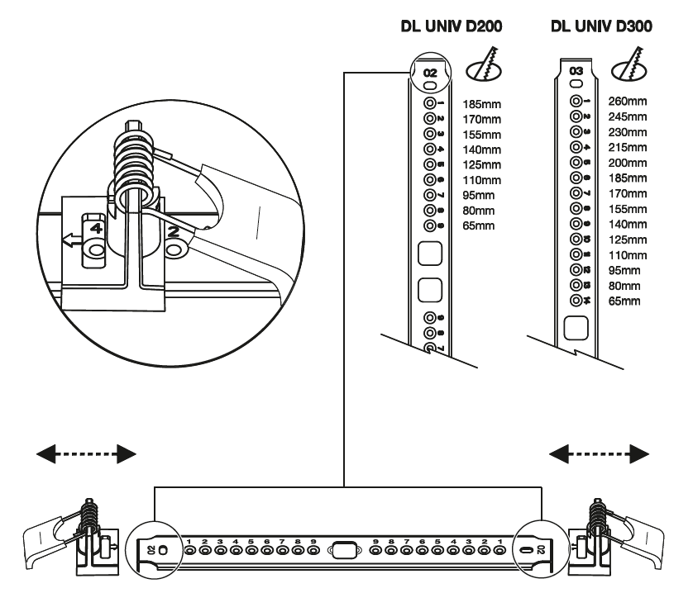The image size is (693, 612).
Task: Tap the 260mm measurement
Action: [x=627, y=102]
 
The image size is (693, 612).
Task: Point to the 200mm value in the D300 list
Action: [x=627, y=163]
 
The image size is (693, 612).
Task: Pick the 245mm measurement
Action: [x=627, y=117]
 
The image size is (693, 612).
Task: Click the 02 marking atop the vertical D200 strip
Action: [x=430, y=74]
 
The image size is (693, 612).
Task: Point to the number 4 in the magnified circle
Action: [x=96, y=224]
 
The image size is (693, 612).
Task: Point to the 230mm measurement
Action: [x=627, y=132]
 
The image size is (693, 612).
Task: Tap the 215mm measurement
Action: [x=627, y=148]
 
